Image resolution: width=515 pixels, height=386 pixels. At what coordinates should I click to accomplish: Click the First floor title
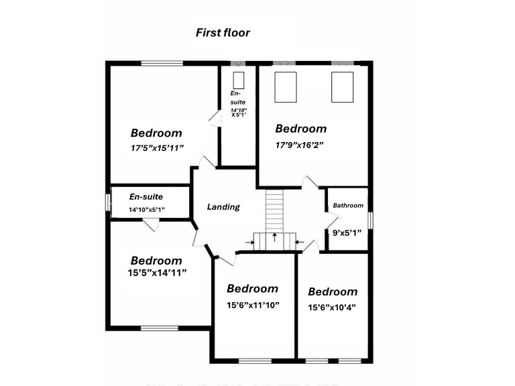(x=223, y=32)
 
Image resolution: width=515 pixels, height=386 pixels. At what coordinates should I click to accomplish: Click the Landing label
(x=223, y=207)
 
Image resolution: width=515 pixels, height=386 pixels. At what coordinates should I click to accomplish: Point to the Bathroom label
(x=348, y=206)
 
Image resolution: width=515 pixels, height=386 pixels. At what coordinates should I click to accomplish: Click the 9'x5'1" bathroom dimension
(x=347, y=233)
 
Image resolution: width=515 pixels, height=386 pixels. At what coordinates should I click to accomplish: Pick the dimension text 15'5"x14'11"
(x=156, y=273)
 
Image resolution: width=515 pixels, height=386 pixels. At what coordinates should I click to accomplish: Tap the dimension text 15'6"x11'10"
(x=253, y=304)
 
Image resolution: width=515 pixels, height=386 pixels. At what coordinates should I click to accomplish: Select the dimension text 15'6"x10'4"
(x=332, y=308)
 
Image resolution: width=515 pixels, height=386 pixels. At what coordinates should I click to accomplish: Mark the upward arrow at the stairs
(x=275, y=237)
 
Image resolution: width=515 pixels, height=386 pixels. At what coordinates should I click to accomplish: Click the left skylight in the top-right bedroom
(x=286, y=86)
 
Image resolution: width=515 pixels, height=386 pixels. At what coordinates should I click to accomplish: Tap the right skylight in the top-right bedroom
(x=342, y=86)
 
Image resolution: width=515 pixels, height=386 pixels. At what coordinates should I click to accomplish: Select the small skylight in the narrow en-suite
(x=238, y=80)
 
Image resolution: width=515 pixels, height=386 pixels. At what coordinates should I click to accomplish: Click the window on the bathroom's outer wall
(x=369, y=219)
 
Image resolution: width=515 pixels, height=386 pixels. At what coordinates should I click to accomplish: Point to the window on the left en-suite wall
(x=107, y=202)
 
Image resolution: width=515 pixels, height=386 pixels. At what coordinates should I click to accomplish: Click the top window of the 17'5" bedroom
(x=162, y=63)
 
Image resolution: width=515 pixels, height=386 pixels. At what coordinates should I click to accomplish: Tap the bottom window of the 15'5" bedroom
(x=160, y=328)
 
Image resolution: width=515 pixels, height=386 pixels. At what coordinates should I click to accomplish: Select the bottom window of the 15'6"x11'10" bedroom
(x=255, y=360)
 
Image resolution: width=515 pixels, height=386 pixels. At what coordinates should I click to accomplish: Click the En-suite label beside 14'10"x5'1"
(x=146, y=197)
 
